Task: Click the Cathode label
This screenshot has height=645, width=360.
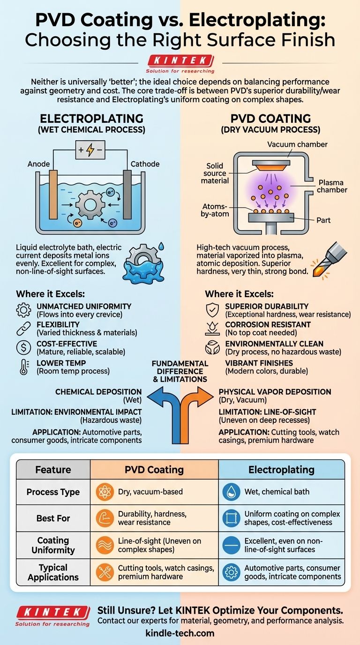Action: click(x=145, y=164)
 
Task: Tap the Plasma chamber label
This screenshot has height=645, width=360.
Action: click(x=331, y=186)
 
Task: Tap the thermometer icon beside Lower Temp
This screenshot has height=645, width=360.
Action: click(x=23, y=367)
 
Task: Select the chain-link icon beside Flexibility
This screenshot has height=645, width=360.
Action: click(x=23, y=329)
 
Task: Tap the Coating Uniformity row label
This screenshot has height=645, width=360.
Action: click(x=53, y=545)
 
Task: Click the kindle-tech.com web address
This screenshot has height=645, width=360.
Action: click(x=180, y=633)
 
